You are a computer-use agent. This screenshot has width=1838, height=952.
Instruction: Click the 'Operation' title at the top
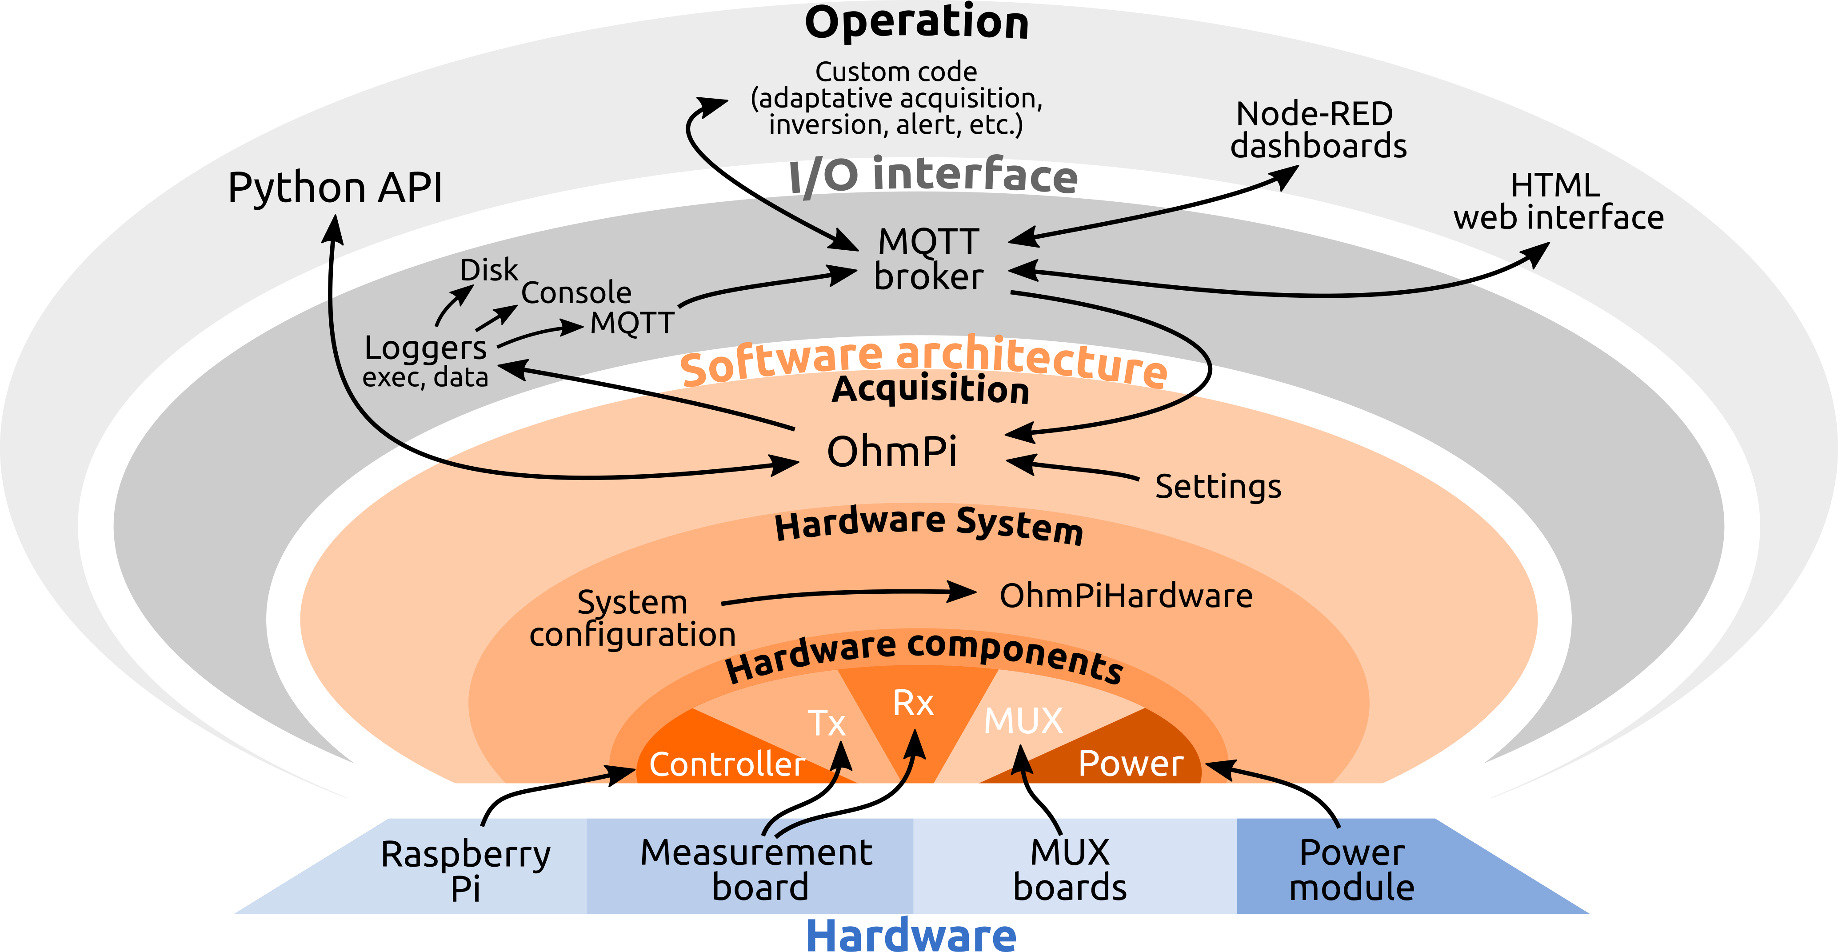[x=917, y=23]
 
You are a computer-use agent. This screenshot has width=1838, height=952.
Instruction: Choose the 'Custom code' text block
[x=896, y=98]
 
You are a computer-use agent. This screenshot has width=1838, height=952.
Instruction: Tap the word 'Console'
[x=576, y=292]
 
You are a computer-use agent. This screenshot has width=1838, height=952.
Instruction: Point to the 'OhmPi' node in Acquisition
[x=892, y=452]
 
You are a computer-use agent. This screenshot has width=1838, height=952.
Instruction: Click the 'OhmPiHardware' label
[x=1126, y=596]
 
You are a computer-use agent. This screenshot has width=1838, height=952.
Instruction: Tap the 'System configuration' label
[x=632, y=618]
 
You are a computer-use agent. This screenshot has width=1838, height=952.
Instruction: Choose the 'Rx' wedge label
[x=913, y=704]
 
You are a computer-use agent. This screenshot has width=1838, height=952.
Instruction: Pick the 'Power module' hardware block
[x=1351, y=869]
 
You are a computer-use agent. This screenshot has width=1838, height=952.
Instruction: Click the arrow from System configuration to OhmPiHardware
[x=849, y=594]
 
